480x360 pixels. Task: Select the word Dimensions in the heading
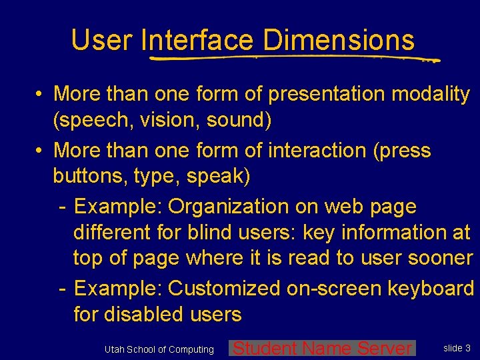(x=339, y=40)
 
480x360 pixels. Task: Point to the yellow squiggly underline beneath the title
(x=293, y=59)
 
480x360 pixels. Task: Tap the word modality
(x=431, y=94)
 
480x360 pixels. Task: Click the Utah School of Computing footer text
(x=159, y=349)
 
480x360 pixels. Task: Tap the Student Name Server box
(x=323, y=348)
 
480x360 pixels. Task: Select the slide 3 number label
(x=457, y=347)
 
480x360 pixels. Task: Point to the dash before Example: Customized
(x=61, y=289)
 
